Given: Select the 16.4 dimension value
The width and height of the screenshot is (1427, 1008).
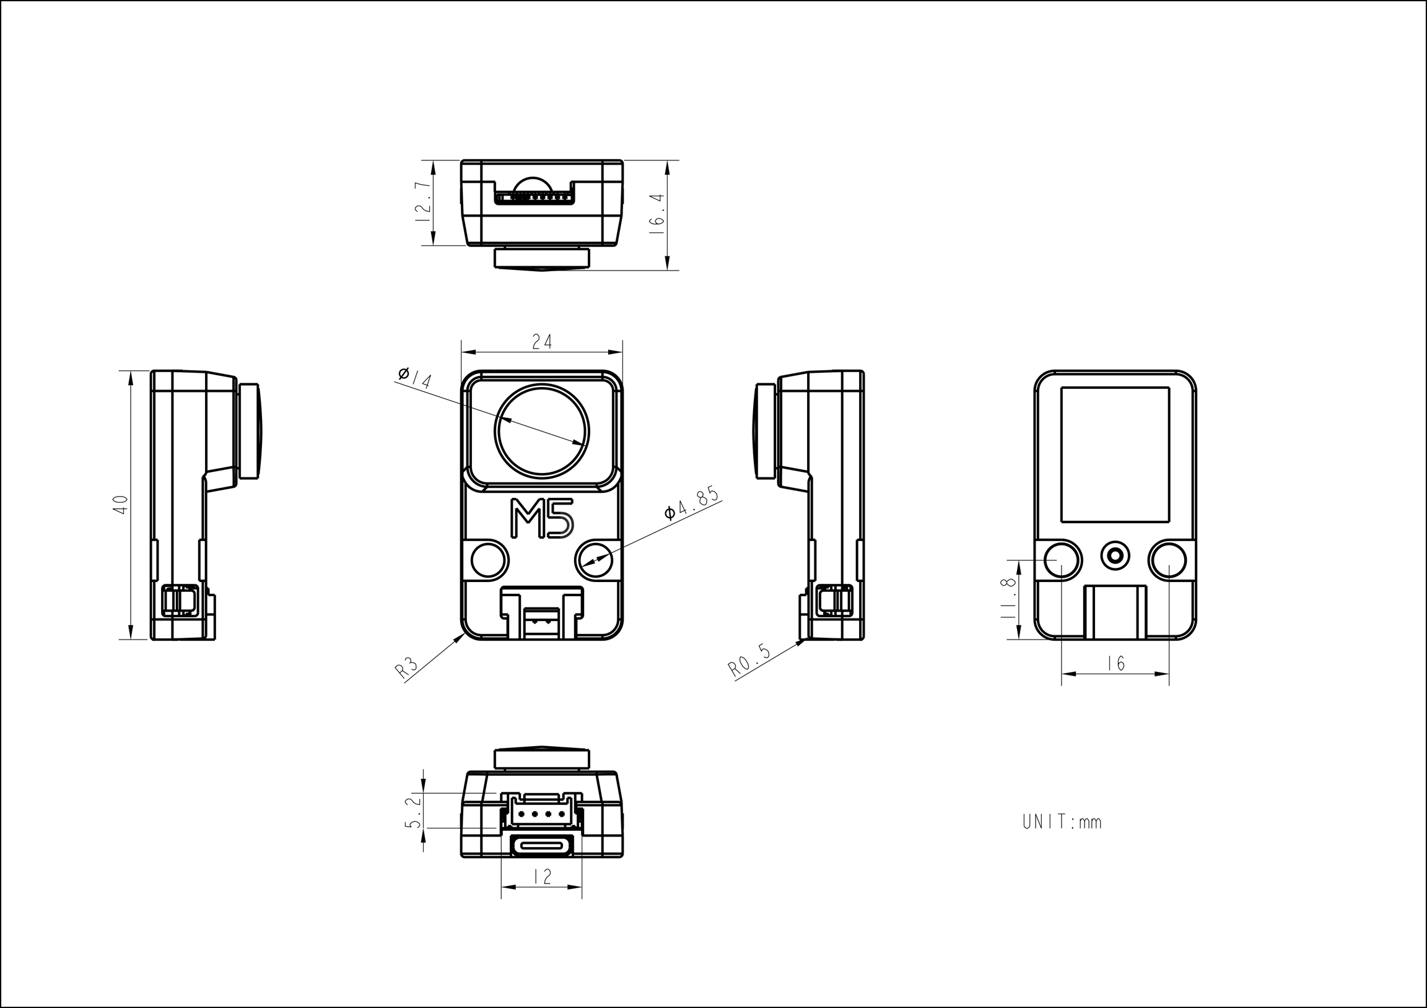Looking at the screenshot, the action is click(x=657, y=214).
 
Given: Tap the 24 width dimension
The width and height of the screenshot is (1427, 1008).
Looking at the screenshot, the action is click(x=542, y=342).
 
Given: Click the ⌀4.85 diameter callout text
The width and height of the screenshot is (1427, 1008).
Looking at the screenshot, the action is click(x=691, y=502).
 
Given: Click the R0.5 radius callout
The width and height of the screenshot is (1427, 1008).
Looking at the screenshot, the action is click(x=749, y=660).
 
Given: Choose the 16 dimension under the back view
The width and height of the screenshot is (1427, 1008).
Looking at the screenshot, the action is click(x=1116, y=664).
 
